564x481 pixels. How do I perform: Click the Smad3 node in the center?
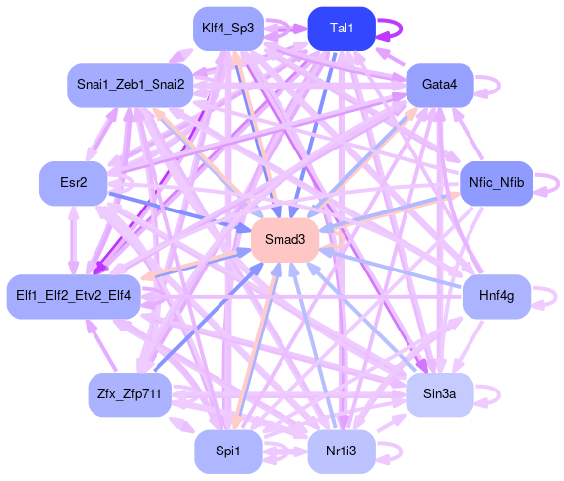tap(285, 240)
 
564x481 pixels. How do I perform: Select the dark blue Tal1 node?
tap(342, 29)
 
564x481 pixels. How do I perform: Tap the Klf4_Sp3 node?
tap(228, 29)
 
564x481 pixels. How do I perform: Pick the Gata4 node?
tap(440, 85)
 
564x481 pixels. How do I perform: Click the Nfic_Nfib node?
tap(496, 183)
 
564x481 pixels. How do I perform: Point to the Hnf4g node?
tap(496, 297)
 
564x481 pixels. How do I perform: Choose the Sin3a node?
tap(440, 394)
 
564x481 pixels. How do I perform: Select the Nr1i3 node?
tap(342, 451)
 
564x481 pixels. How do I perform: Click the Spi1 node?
tap(228, 451)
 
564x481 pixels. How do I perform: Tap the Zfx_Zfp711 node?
tap(130, 394)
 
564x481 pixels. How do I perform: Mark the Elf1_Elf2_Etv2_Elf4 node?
tap(74, 297)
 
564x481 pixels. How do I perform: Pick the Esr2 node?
tap(74, 183)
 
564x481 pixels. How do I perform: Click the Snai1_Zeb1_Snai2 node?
tap(130, 85)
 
